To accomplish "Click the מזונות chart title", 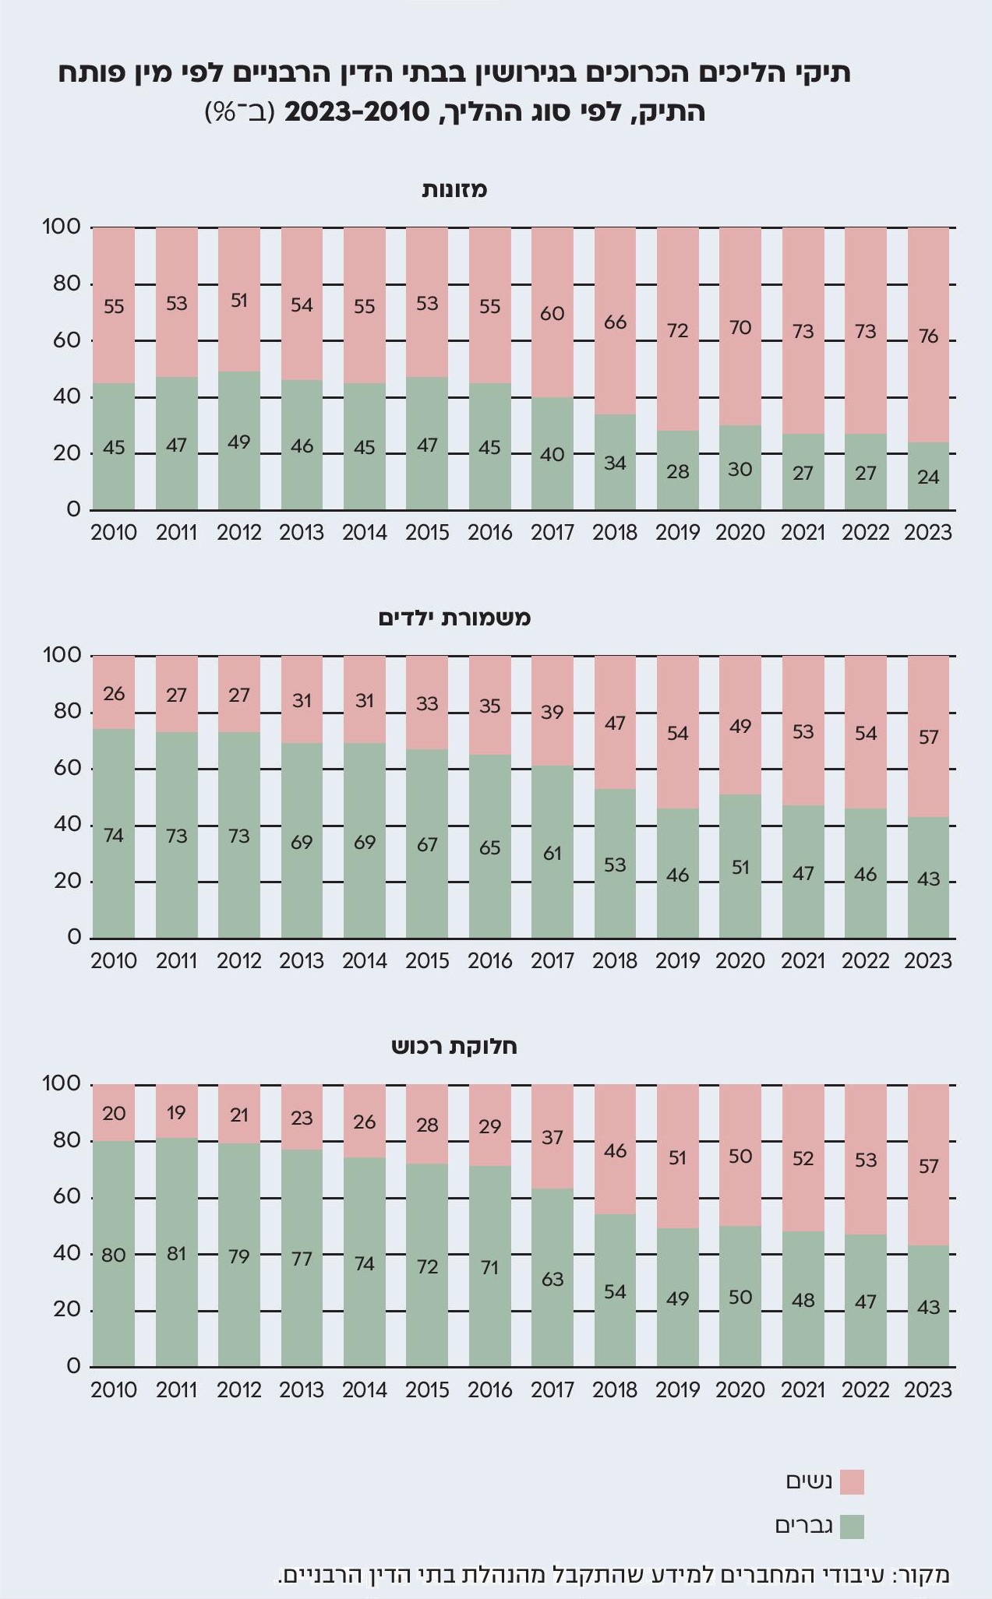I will coord(454,189).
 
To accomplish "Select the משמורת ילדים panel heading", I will coord(454,618).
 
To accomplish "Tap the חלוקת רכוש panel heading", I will coord(454,1046).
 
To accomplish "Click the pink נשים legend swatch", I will coord(852,1481).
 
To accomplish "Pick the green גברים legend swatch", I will coord(852,1527).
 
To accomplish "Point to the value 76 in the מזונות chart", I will coord(928,336).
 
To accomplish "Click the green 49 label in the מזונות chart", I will coord(239,442).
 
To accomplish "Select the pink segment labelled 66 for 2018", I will coord(615,321).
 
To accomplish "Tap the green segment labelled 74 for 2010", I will coord(114,835).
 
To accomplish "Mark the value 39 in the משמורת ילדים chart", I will coord(552,712).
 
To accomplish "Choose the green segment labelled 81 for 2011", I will coord(177,1253).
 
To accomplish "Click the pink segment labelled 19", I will coord(177,1112).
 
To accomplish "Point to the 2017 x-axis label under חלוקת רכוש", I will coord(552,1389).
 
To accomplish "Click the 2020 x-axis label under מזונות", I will coord(740,533).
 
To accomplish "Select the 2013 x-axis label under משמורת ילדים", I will coord(302,961).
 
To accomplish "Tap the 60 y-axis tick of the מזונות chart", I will coord(69,340).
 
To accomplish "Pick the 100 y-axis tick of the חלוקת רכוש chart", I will coord(62,1084).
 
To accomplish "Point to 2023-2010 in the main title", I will coord(357,112).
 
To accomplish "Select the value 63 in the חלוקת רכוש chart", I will coord(552,1279).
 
